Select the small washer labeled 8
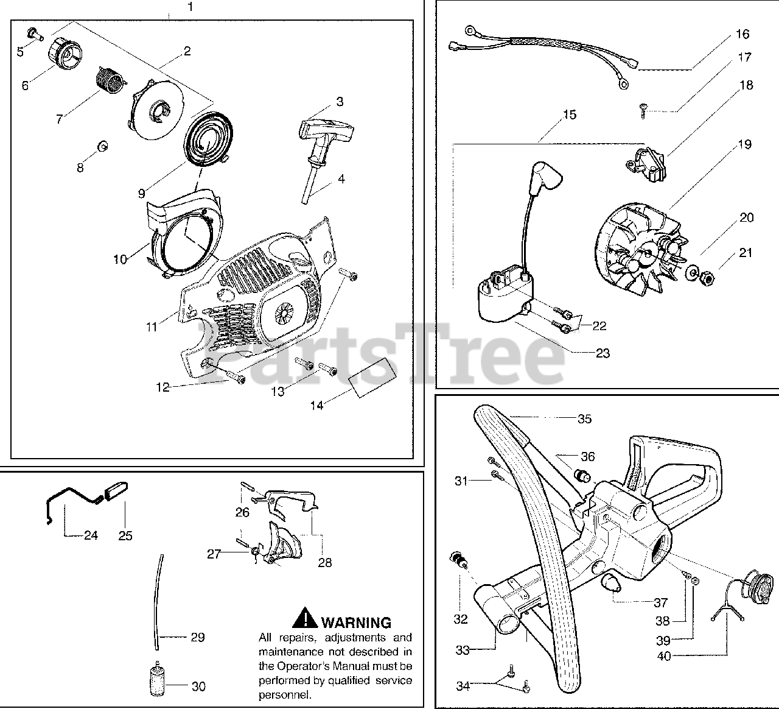coord(103,146)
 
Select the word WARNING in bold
coord(355,623)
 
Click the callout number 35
coord(584,419)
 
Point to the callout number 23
coord(603,353)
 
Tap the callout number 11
coord(152,327)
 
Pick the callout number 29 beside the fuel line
coord(197,638)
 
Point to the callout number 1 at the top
coord(191,7)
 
